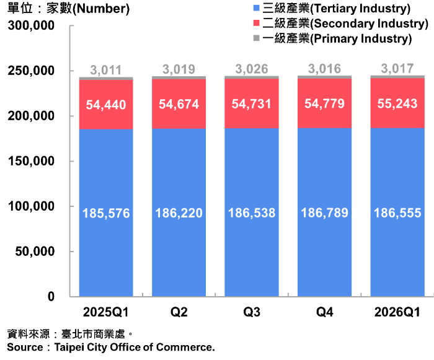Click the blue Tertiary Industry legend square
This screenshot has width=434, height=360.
click(256, 8)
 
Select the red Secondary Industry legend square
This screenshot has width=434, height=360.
click(256, 23)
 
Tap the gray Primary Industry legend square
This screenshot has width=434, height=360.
click(256, 38)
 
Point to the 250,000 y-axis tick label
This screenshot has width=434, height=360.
click(31, 71)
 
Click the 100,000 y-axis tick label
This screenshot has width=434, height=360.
click(31, 206)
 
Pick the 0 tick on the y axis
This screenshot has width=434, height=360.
click(51, 296)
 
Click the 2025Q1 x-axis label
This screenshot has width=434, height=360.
click(106, 312)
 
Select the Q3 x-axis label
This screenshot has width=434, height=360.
click(252, 312)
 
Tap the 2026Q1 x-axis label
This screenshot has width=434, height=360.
click(397, 312)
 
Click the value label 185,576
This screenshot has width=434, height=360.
click(106, 213)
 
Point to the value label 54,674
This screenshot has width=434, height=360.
click(179, 104)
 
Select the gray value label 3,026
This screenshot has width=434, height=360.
click(252, 69)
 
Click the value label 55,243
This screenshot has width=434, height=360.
click(397, 103)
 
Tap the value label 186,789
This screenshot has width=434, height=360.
click(324, 213)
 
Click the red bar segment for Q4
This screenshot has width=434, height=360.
click(324, 103)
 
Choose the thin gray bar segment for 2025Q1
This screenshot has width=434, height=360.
click(106, 79)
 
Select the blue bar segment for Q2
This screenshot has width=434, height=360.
click(179, 213)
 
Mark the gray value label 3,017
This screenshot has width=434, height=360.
click(397, 69)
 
